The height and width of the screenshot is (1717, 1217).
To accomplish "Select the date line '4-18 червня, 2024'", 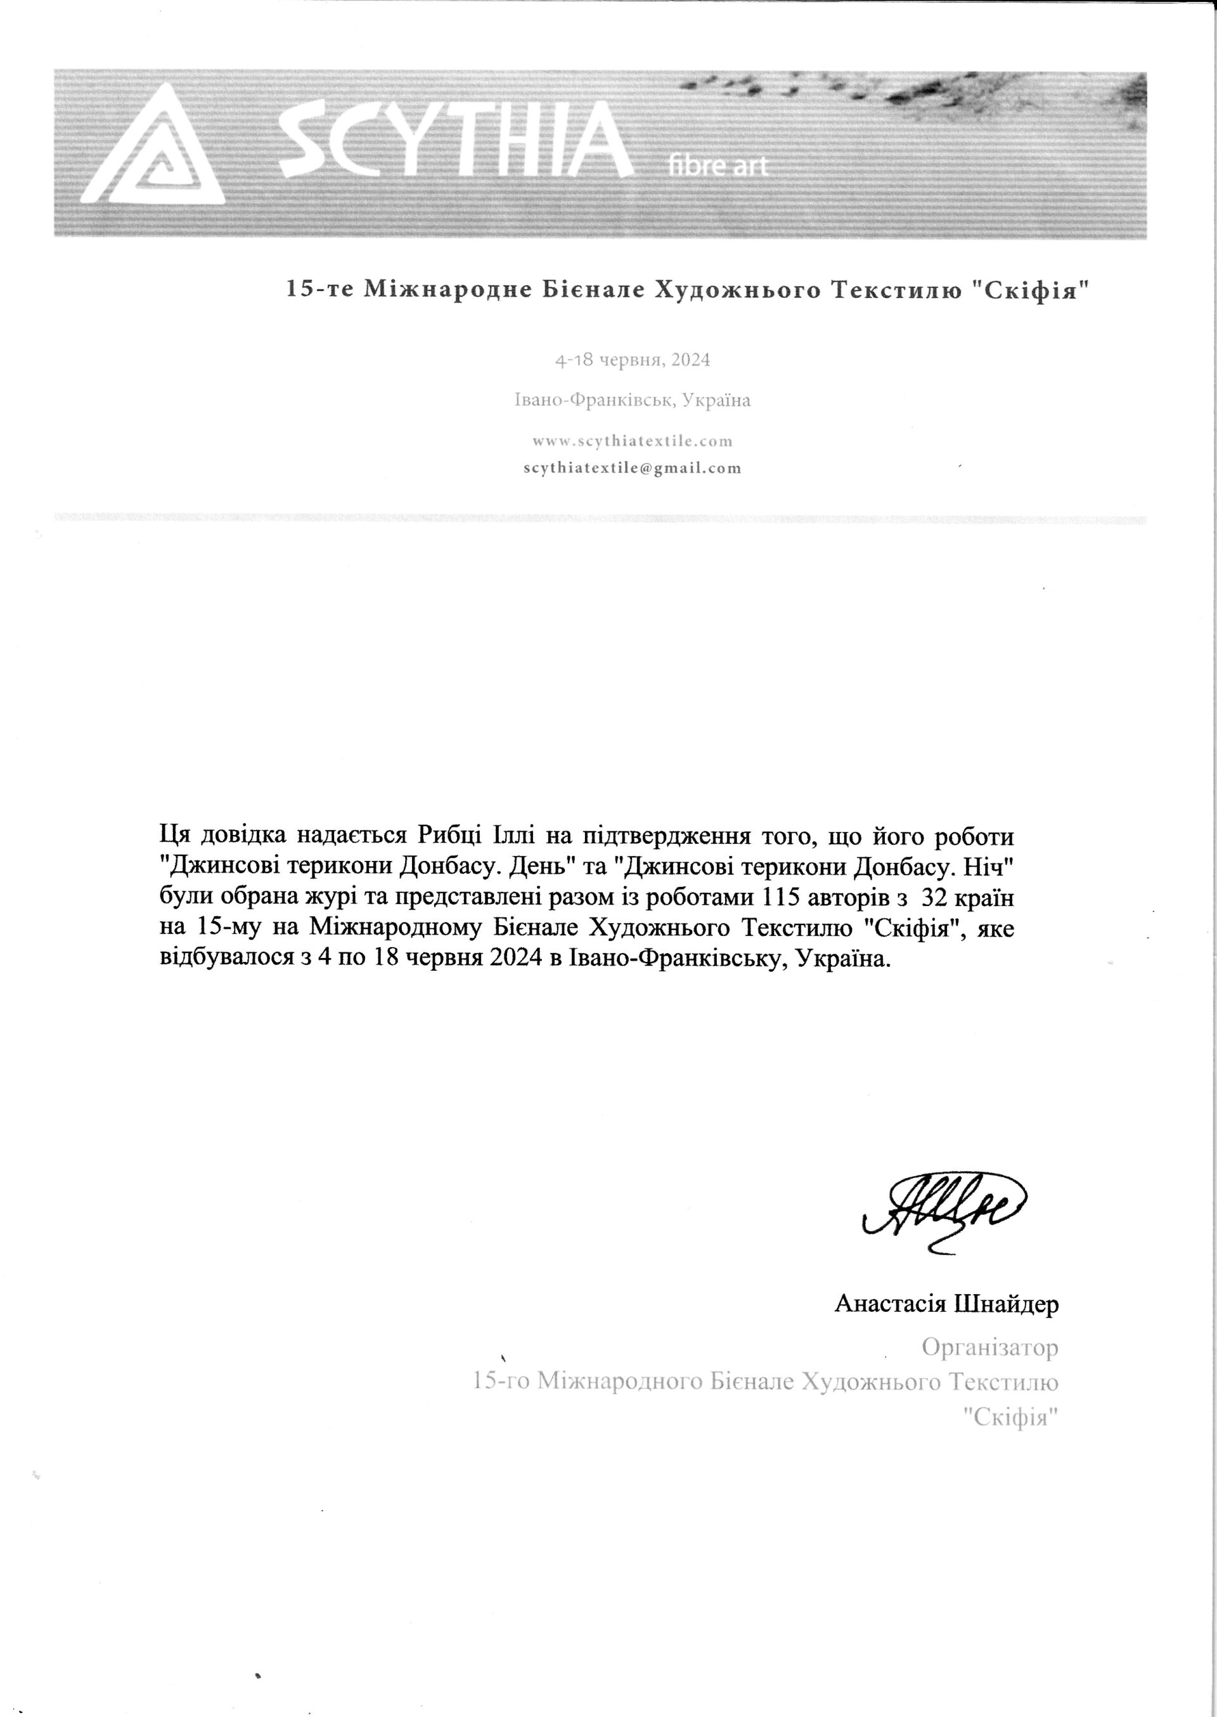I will point(633,361).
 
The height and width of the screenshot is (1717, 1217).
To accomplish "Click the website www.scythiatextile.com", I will point(633,441).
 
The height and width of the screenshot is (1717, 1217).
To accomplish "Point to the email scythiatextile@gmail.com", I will point(633,469).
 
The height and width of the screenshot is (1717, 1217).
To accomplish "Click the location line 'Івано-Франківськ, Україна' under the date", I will point(633,400).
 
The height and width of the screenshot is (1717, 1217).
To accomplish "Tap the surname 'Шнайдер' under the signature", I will point(1006,1304).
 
